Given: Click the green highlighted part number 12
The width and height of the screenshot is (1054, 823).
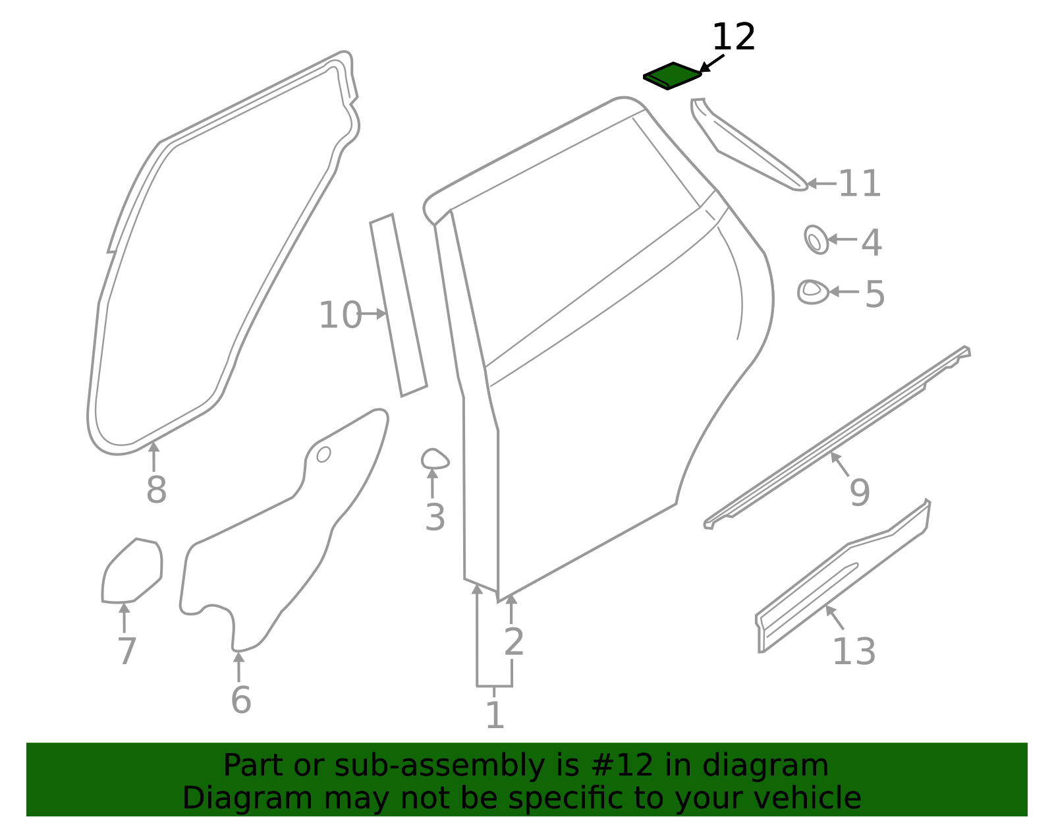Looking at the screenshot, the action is (x=672, y=76).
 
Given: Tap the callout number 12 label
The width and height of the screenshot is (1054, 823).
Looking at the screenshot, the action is (x=733, y=37).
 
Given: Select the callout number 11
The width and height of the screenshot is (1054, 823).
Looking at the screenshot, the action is (x=860, y=184).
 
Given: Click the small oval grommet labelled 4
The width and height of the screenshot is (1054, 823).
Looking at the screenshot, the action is (x=816, y=240).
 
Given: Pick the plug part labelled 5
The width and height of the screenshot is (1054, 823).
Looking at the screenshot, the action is (x=813, y=293).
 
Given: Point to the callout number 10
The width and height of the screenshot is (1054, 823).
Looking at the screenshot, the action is (x=340, y=315).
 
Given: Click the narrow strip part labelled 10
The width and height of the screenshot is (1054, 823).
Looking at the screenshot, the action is (x=399, y=306).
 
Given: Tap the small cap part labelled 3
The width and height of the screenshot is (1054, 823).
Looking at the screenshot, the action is (x=435, y=459).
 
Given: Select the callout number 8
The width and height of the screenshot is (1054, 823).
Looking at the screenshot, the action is (x=157, y=490).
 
